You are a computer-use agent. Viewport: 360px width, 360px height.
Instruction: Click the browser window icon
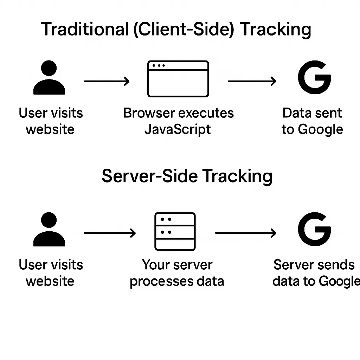tap(178, 79)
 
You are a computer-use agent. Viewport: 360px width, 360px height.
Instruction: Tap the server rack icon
tap(175, 232)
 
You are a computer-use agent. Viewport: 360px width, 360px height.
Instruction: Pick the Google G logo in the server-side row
tap(314, 229)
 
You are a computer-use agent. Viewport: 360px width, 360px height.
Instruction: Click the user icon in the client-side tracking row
tap(49, 78)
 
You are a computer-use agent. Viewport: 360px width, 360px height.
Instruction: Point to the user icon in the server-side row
tap(49, 230)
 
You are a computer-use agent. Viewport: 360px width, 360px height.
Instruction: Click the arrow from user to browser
tap(107, 82)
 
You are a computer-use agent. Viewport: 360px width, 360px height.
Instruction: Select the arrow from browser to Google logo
tap(252, 82)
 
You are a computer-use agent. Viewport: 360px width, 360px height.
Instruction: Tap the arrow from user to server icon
tap(110, 233)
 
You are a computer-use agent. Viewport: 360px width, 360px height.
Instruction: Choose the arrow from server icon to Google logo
tap(245, 233)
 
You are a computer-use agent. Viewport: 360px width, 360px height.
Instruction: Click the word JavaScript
tap(178, 129)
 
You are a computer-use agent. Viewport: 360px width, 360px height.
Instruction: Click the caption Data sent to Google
tap(312, 121)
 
